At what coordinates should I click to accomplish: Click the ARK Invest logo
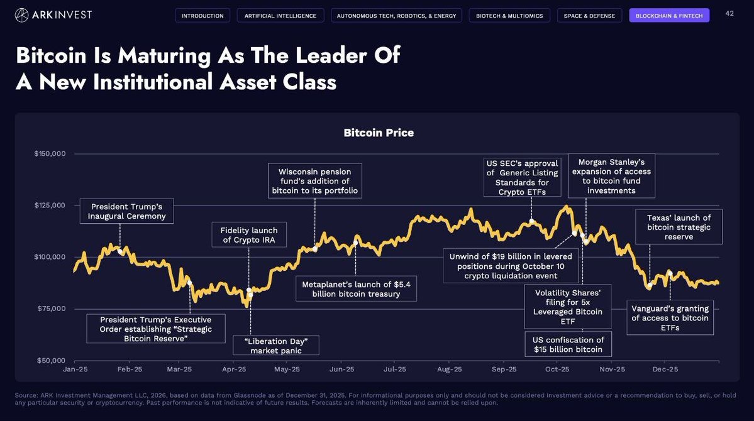click(53, 15)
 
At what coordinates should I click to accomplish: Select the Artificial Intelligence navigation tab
click(280, 16)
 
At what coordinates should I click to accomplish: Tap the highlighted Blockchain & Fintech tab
click(669, 16)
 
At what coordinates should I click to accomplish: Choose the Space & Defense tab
click(589, 16)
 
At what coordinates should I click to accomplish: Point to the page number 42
click(729, 13)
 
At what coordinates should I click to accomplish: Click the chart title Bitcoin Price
click(379, 133)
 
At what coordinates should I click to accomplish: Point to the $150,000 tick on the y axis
click(50, 154)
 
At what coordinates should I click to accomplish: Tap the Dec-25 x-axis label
click(665, 369)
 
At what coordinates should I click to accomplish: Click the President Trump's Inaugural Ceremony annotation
click(126, 211)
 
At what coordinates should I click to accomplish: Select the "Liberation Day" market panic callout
click(276, 346)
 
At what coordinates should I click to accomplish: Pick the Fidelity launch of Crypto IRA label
click(248, 235)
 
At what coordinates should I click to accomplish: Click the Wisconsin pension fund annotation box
click(314, 181)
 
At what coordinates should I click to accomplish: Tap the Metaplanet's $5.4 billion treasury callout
click(356, 289)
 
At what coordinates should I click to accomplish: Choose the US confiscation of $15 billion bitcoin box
click(568, 344)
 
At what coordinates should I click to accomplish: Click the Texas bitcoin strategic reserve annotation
click(679, 227)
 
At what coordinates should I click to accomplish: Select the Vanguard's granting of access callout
click(670, 317)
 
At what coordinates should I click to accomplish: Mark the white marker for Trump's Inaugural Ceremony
click(120, 251)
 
